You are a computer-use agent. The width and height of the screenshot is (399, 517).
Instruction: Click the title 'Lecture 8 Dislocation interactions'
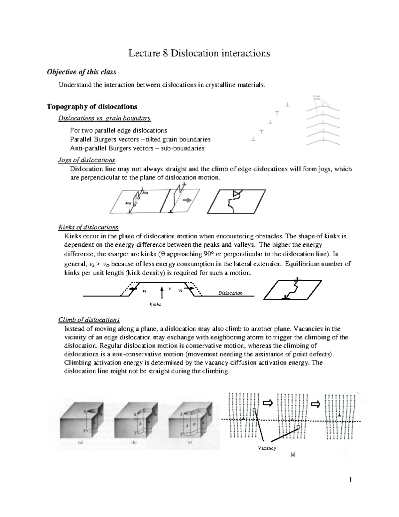click(199, 53)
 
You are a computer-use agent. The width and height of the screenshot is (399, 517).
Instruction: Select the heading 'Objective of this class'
click(81, 72)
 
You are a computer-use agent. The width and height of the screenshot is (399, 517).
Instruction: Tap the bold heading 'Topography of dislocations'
click(92, 107)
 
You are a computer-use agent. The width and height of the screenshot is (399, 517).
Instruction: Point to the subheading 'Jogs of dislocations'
click(86, 160)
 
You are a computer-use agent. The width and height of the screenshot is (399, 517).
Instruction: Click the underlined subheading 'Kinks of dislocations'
click(88, 227)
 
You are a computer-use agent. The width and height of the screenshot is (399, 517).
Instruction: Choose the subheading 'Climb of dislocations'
click(89, 320)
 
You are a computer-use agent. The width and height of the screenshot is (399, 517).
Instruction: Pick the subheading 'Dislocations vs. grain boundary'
click(104, 118)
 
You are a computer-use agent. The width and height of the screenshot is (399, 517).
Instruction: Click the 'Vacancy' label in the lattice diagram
click(267, 448)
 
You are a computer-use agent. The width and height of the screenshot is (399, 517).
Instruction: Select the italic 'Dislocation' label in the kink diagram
click(230, 293)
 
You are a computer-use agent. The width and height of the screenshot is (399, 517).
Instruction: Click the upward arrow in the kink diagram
click(162, 293)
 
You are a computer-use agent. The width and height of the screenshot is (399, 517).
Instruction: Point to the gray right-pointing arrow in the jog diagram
click(187, 200)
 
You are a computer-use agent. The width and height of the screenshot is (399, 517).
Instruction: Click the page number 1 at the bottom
click(350, 480)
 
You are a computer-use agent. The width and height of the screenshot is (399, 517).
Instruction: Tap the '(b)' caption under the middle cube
click(134, 443)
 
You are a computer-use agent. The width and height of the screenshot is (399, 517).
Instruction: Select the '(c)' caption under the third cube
click(190, 443)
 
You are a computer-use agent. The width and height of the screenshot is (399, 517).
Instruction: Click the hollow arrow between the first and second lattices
click(267, 403)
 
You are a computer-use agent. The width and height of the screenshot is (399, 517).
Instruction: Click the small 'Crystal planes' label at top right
click(318, 98)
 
